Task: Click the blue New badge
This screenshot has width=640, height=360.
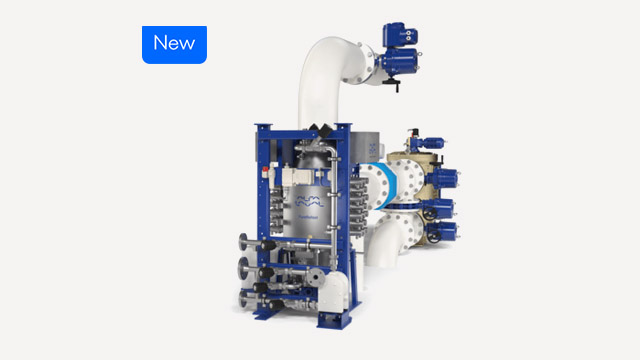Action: (174, 44)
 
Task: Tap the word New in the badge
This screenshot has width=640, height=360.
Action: (174, 44)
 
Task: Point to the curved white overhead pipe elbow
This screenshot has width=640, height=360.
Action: (320, 55)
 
